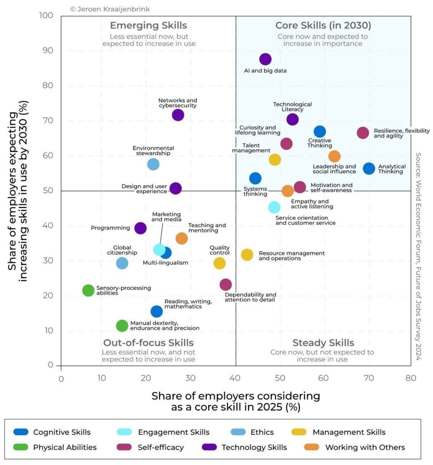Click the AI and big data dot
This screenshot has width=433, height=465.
(265, 59)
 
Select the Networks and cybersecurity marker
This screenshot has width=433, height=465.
(178, 115)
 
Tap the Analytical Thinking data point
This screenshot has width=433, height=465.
(369, 168)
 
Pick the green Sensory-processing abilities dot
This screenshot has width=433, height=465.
(89, 290)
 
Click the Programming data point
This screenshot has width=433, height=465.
(141, 228)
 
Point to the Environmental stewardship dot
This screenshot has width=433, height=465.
(154, 164)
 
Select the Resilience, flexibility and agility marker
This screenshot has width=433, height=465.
(363, 133)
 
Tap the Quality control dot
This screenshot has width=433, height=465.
(219, 263)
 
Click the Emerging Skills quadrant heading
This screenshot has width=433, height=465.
(148, 25)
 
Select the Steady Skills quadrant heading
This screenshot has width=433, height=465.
(323, 343)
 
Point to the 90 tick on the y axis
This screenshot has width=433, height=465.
(48, 51)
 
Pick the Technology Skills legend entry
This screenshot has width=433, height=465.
(254, 447)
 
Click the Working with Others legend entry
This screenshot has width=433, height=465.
(365, 447)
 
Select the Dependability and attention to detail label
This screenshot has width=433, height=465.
(250, 297)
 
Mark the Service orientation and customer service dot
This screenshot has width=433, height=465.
(274, 207)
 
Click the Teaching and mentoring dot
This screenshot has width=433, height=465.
(181, 238)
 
